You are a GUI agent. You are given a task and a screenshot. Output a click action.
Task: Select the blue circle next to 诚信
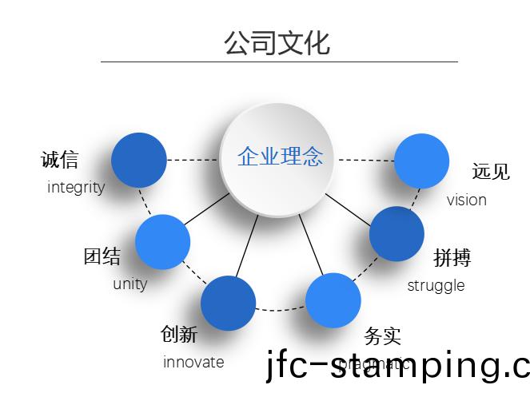pos(138,160)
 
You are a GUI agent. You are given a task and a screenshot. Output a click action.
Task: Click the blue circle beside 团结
pos(162,242)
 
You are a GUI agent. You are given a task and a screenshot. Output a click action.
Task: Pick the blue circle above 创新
pos(228,304)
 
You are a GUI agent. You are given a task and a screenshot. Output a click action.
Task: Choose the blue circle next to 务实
pos(333,300)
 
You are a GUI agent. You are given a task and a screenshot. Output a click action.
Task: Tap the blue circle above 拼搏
pos(397,234)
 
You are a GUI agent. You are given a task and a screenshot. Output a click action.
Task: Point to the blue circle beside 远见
pos(421,161)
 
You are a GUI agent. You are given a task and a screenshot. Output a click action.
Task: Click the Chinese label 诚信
pos(60,160)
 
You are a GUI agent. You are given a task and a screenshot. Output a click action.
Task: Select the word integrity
pos(76,188)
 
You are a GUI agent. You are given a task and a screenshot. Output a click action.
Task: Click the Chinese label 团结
pos(102,256)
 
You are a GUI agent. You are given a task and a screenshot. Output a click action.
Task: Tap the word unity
pos(130,284)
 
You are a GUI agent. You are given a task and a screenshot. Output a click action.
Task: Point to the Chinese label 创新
pos(179,334)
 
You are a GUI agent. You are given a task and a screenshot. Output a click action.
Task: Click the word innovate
pos(193,362)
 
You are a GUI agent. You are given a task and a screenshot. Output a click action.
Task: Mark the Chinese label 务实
pos(382,336)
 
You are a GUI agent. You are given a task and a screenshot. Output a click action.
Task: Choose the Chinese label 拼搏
pos(452,257)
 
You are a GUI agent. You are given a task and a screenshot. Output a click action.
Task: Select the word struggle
pos(436,285)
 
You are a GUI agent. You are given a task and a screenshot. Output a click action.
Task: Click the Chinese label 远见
pos(490,171)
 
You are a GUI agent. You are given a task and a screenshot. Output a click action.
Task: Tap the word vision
pos(467,200)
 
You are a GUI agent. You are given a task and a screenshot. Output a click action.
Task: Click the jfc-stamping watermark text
pos(397,367)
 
